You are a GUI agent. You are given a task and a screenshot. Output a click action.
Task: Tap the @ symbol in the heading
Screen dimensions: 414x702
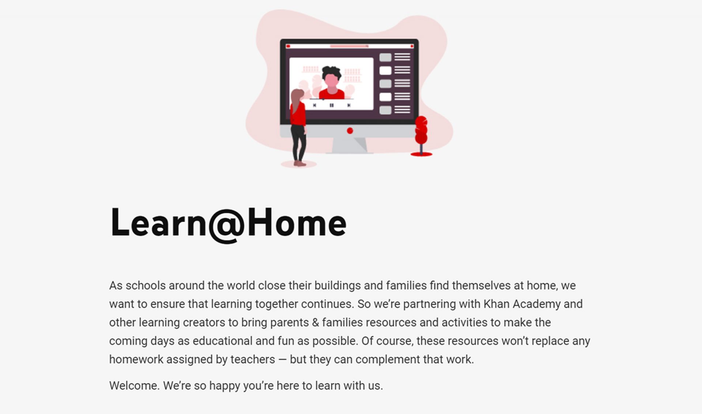[227, 224]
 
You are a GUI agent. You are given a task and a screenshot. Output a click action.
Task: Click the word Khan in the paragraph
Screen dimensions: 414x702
[496, 304]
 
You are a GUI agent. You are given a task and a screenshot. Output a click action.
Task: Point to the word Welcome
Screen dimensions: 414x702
[134, 385]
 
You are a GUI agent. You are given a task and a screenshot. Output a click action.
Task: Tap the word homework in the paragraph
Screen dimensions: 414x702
[136, 359]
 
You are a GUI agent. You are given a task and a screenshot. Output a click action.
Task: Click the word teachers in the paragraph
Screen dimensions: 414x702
[253, 359]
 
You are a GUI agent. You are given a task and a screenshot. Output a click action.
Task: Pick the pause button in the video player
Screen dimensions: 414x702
[332, 105]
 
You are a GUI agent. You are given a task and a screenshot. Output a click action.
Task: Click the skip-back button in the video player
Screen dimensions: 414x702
[314, 105]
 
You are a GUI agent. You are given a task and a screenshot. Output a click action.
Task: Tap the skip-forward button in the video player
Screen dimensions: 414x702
[349, 105]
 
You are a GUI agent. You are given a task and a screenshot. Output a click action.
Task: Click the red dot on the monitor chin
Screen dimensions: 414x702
[350, 131]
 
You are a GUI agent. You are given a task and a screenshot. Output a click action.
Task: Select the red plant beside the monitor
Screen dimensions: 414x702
[421, 131]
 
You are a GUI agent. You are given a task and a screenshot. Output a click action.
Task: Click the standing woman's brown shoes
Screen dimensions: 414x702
[299, 163]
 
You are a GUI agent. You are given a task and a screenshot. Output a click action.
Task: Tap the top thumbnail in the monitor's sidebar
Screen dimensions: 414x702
[385, 57]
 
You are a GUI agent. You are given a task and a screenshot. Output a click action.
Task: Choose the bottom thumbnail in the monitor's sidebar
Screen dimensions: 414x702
[385, 110]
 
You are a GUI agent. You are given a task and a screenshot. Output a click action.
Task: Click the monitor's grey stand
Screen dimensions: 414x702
[349, 145]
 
